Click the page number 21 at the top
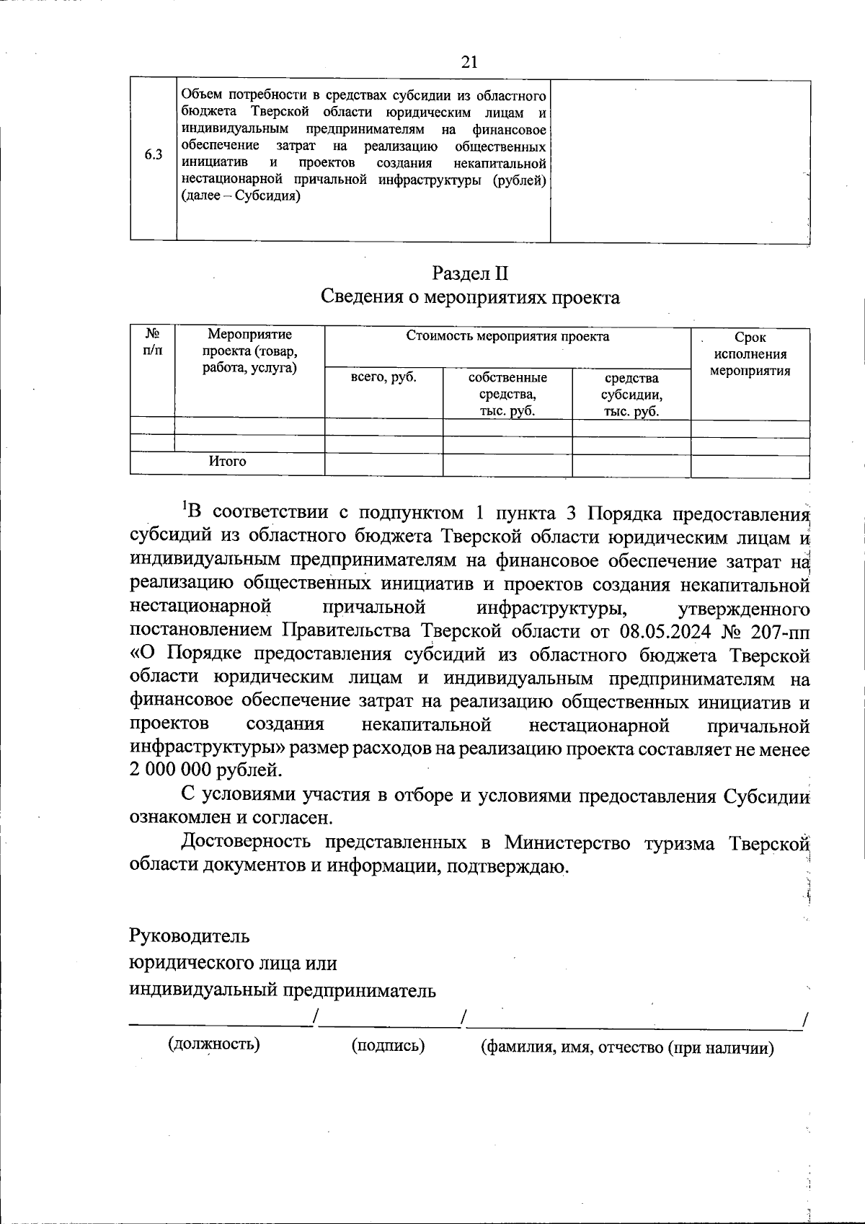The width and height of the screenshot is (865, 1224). coord(469,62)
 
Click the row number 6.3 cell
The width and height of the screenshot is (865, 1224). coord(153,154)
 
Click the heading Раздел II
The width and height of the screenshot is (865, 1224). coord(470,273)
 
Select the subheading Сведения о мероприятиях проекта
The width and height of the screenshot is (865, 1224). coord(470,297)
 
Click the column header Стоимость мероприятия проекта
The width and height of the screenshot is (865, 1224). coord(507,336)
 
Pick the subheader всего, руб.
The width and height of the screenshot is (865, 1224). coord(383,377)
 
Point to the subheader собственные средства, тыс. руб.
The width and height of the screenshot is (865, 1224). coord(507,395)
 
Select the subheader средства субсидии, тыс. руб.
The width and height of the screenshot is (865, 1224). coord(631,395)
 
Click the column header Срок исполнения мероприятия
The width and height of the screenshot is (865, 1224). coord(750,354)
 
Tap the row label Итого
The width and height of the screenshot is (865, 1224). coord(227,461)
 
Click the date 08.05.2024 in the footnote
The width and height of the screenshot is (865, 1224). coord(662,631)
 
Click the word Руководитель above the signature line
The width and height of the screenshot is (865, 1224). coord(190,936)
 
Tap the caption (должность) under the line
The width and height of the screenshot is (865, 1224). coord(214,1044)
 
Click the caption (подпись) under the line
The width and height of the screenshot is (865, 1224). coord(388,1045)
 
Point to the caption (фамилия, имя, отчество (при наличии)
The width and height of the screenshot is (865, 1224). coord(627,1048)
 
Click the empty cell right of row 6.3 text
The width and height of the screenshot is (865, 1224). coord(680,160)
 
